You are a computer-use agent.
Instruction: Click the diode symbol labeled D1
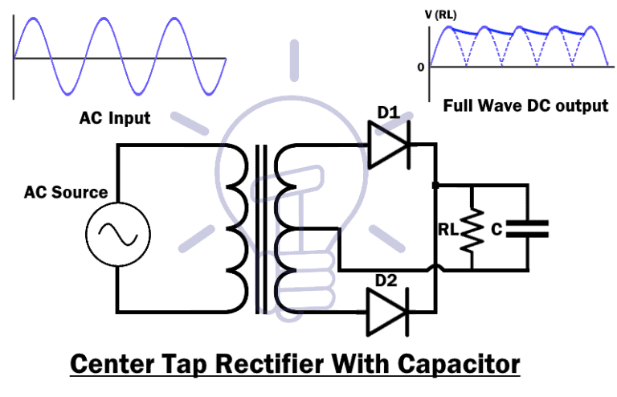388,145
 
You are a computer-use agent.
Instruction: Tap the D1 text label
388,113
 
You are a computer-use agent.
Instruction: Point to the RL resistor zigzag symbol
471,229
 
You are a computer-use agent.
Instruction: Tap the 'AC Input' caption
114,118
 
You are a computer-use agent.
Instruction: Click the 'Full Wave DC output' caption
525,105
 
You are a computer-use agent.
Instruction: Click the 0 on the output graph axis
420,67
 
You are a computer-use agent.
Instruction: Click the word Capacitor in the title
456,364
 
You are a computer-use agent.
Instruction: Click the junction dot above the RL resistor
435,185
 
